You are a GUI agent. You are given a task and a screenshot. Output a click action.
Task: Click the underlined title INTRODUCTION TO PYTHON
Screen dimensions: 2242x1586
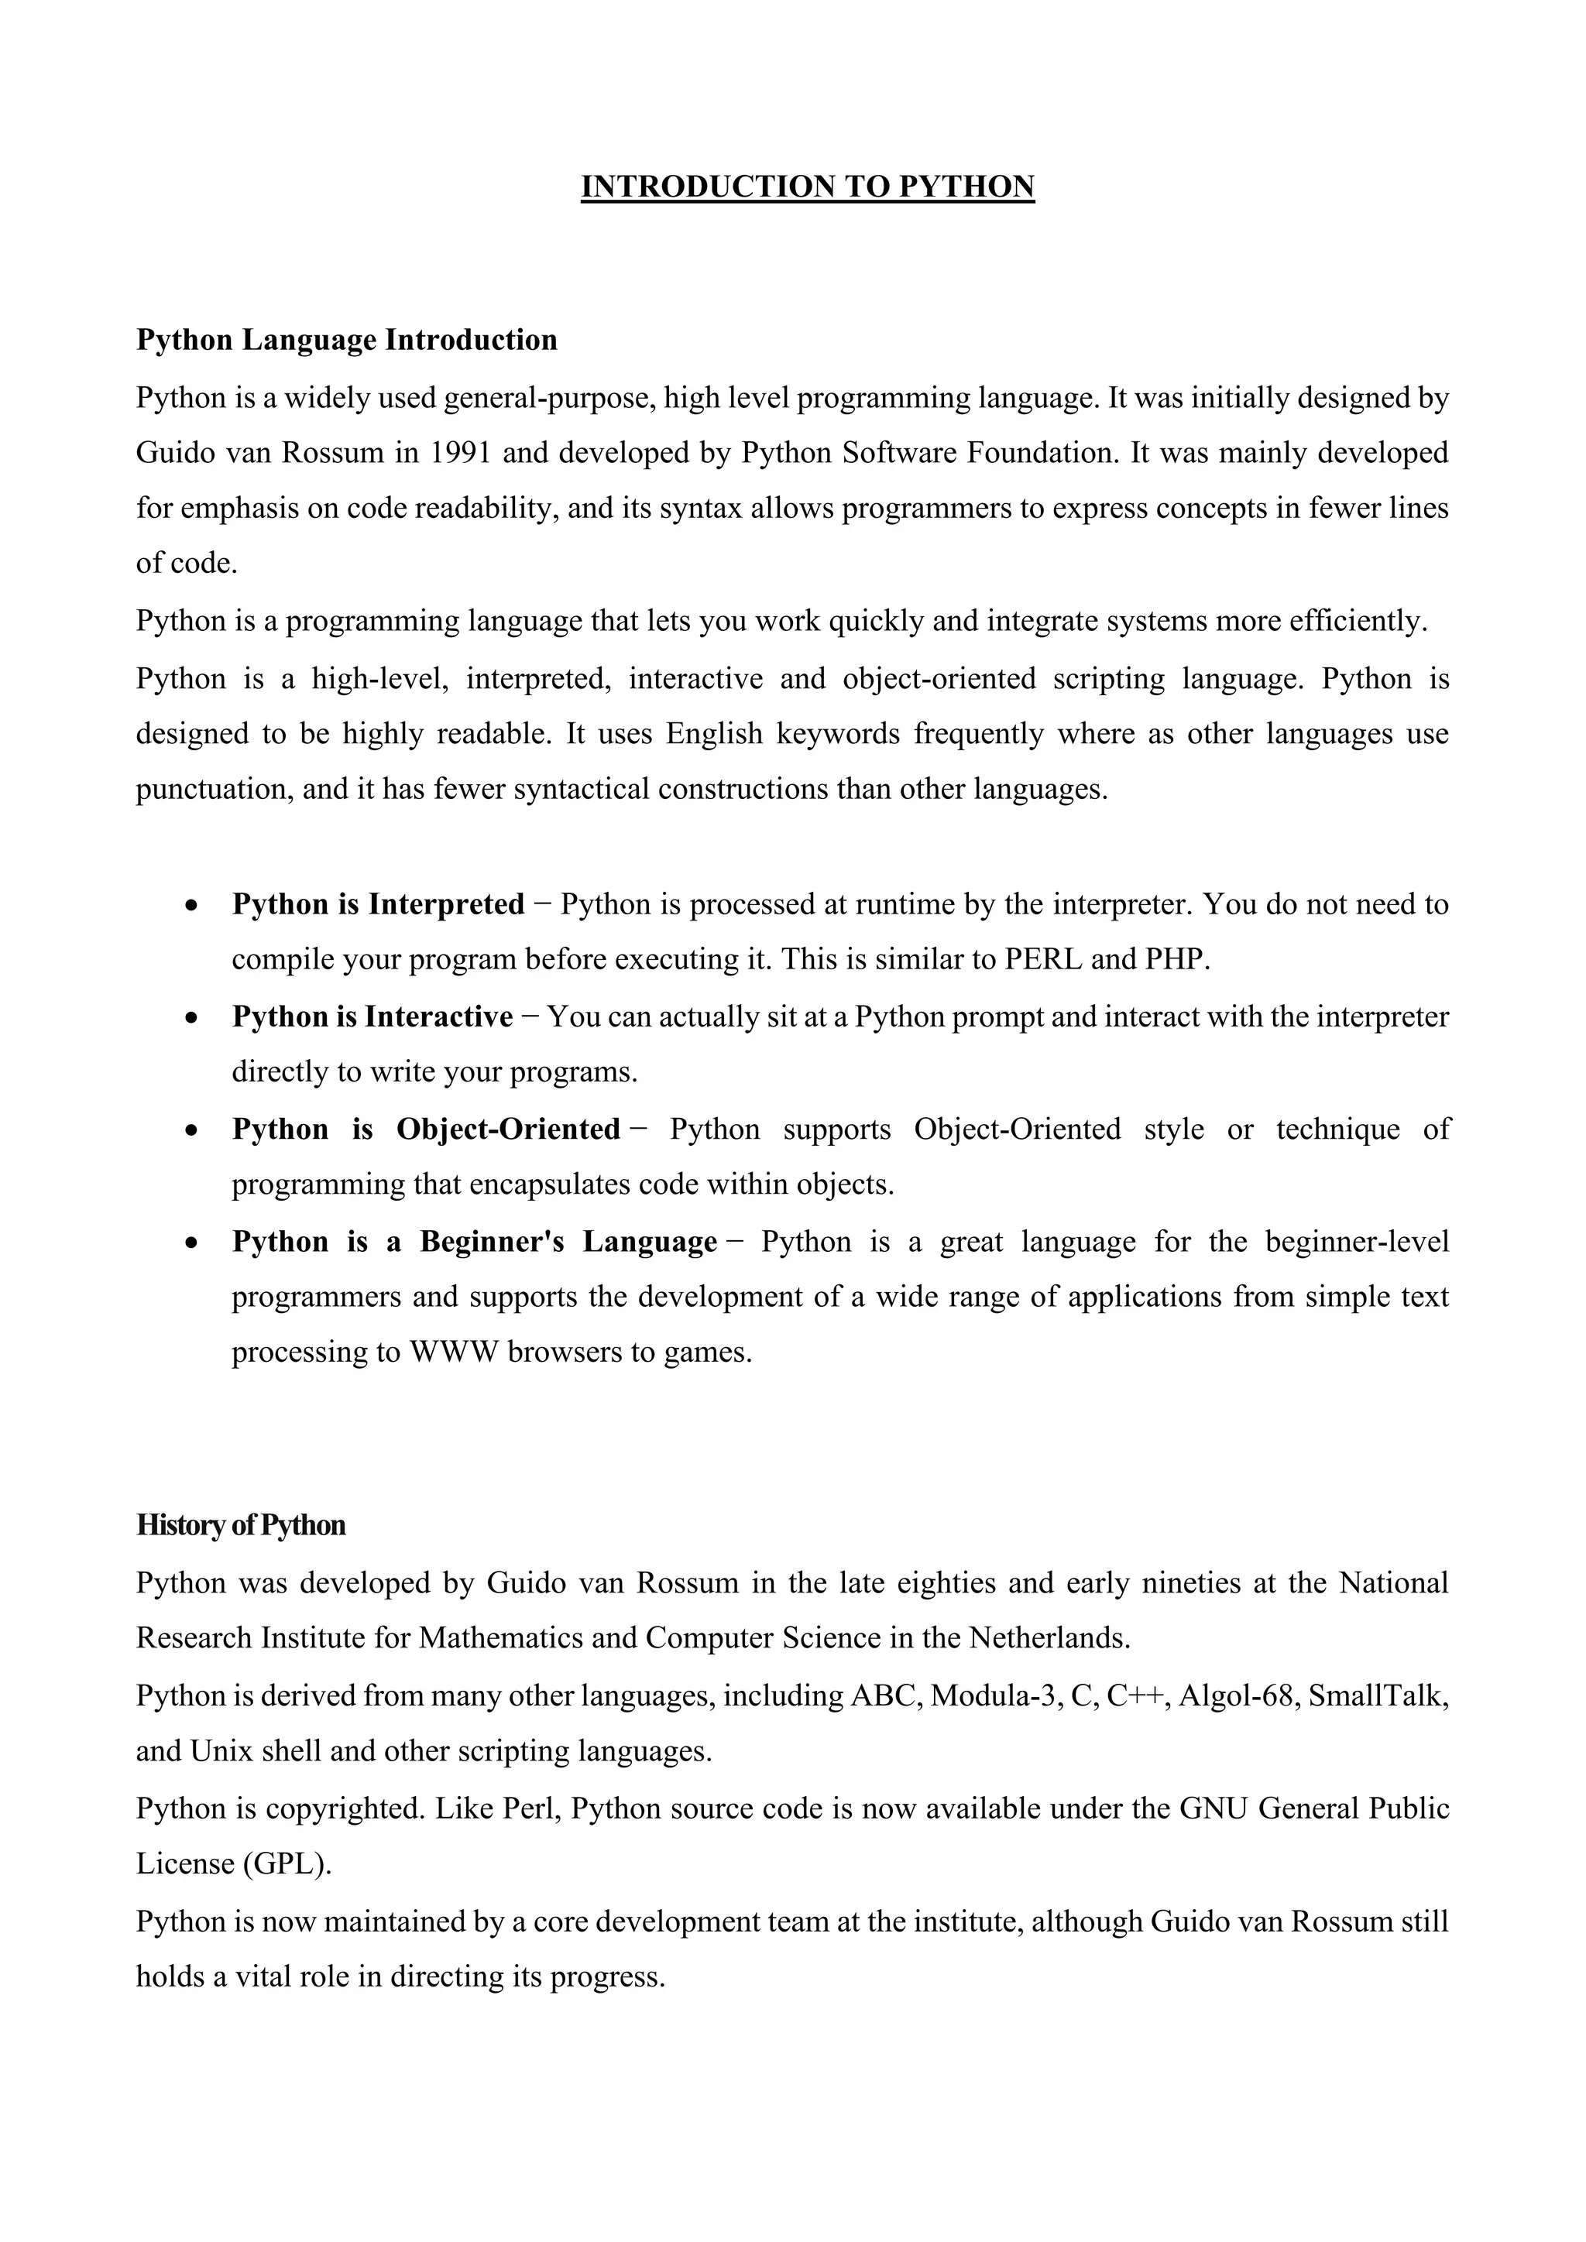808,187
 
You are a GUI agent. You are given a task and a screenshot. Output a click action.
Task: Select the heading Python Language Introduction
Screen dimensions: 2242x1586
347,340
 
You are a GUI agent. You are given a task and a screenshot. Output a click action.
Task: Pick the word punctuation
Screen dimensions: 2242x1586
214,789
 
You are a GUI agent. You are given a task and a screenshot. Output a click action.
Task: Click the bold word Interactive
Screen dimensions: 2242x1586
438,1017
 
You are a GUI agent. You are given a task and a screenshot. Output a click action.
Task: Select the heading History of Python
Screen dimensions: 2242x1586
240,1525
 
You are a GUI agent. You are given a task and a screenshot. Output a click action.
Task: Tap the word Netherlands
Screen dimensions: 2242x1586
1049,1637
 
